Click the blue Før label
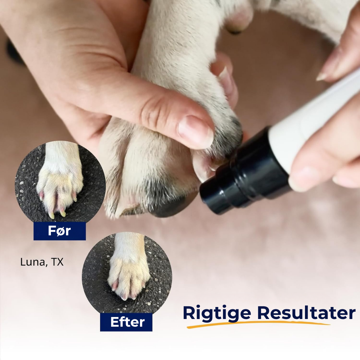(x=60, y=231)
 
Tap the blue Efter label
(x=126, y=322)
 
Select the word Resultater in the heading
(x=306, y=313)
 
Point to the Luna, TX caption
(x=42, y=262)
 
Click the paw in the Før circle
(x=60, y=181)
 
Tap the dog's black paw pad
(x=170, y=207)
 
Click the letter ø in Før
(x=60, y=231)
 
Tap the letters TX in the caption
(x=57, y=262)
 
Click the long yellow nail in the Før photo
(x=51, y=215)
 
